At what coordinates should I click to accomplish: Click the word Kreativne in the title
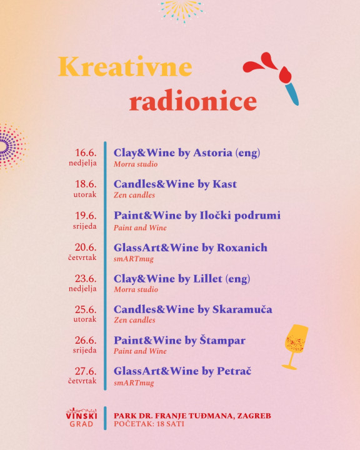pyautogui.click(x=125, y=67)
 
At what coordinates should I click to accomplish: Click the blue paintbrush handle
pyautogui.click(x=292, y=93)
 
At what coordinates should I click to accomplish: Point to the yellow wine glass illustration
pyautogui.click(x=296, y=347)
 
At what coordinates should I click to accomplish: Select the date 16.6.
pyautogui.click(x=86, y=152)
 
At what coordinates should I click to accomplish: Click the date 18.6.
pyautogui.click(x=86, y=184)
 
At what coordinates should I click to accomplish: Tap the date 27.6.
pyautogui.click(x=86, y=371)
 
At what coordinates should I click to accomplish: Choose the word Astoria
pyautogui.click(x=212, y=152)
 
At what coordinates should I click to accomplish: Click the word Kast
pyautogui.click(x=224, y=184)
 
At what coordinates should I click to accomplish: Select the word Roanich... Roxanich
pyautogui.click(x=242, y=247)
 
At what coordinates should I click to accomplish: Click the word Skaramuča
pyautogui.click(x=242, y=309)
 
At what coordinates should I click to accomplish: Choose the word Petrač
pyautogui.click(x=234, y=371)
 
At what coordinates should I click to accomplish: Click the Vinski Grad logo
pyautogui.click(x=81, y=417)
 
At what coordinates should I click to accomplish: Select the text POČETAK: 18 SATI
pyautogui.click(x=149, y=424)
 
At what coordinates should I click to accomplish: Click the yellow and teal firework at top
pyautogui.click(x=182, y=11)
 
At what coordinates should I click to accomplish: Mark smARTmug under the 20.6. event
pyautogui.click(x=134, y=259)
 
